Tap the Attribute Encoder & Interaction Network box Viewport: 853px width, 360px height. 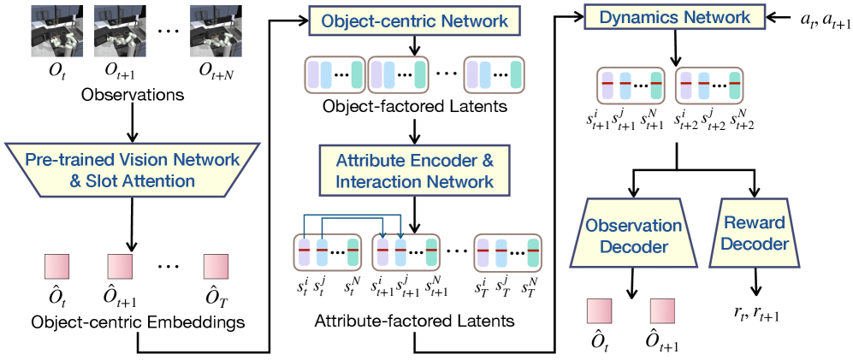(414, 169)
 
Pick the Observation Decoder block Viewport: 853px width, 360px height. (632, 232)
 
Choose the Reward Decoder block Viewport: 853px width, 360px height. (754, 232)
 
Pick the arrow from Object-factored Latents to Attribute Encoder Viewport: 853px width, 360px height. (414, 130)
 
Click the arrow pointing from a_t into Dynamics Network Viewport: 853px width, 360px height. (767, 17)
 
